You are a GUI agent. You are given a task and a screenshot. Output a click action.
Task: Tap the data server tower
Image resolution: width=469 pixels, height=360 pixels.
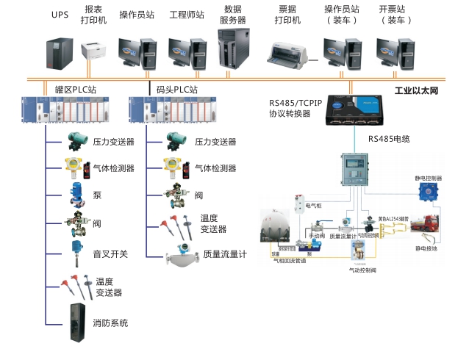(x=234, y=48)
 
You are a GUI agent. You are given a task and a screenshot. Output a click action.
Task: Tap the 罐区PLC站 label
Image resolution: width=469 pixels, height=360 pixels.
(x=75, y=89)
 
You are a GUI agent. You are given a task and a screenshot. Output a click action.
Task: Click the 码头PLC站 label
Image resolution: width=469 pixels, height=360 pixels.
(x=177, y=89)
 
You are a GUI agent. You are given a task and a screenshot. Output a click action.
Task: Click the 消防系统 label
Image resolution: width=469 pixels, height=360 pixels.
(x=111, y=323)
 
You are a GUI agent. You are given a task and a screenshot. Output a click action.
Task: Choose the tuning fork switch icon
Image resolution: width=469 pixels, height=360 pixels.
(x=76, y=251)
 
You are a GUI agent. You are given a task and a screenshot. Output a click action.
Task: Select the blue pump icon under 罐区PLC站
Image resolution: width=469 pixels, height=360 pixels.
(x=76, y=193)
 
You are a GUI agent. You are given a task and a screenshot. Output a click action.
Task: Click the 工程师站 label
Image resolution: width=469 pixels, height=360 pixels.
(x=186, y=15)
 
